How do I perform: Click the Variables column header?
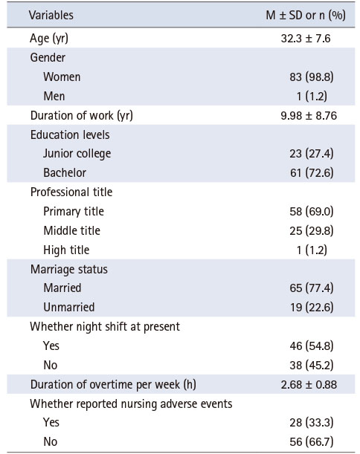point(51,15)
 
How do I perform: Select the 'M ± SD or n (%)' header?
point(306,15)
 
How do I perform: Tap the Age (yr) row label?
point(49,38)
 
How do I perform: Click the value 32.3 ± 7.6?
point(306,38)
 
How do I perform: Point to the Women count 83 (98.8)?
point(312,77)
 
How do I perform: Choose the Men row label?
point(54,96)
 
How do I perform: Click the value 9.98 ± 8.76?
point(309,115)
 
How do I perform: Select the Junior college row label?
point(77,154)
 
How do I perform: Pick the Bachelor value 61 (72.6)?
point(312,173)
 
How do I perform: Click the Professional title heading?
point(71,192)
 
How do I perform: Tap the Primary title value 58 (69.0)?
point(312,211)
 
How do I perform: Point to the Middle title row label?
point(71,231)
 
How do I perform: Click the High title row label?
point(66,250)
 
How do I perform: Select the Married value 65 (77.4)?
point(312,288)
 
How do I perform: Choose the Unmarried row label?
point(69,307)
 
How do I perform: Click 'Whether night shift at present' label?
point(105,327)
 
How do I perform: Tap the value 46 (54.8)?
point(312,346)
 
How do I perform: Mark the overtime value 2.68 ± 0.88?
point(309,385)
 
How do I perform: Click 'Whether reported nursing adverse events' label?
point(131,404)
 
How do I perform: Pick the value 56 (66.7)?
point(312,442)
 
